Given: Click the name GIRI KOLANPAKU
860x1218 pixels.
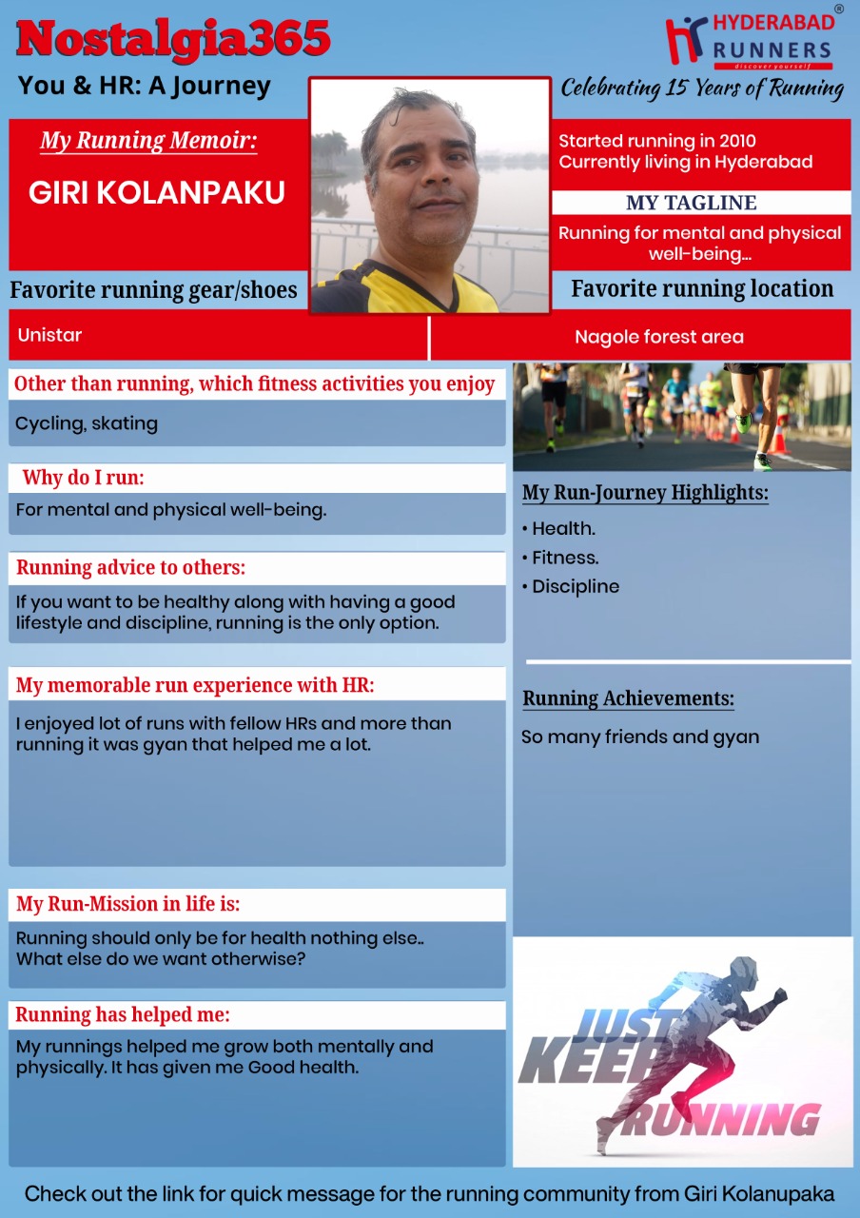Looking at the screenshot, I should coord(157,193).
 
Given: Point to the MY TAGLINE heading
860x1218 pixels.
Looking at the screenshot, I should coord(692,203).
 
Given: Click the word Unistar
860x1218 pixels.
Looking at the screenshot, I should coord(49,335).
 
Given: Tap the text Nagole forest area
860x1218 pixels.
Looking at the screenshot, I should coord(658,337).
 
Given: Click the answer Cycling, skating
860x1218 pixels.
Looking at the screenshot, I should coord(87,423).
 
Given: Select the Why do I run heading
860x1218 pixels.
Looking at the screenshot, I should coord(84,478).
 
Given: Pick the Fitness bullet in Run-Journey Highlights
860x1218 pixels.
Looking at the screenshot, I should coord(565,558).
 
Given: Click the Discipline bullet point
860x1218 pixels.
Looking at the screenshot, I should coord(575,586).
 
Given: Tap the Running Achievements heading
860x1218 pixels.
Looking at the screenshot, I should coord(628,698).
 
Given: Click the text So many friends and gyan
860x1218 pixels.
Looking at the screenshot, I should coord(639,737).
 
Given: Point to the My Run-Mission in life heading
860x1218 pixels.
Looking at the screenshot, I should coord(127,904).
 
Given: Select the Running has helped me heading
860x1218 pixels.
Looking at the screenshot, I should coord(123,1014).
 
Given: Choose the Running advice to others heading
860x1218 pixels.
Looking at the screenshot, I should coord(130,568).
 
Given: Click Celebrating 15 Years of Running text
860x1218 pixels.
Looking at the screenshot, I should coord(702,88).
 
